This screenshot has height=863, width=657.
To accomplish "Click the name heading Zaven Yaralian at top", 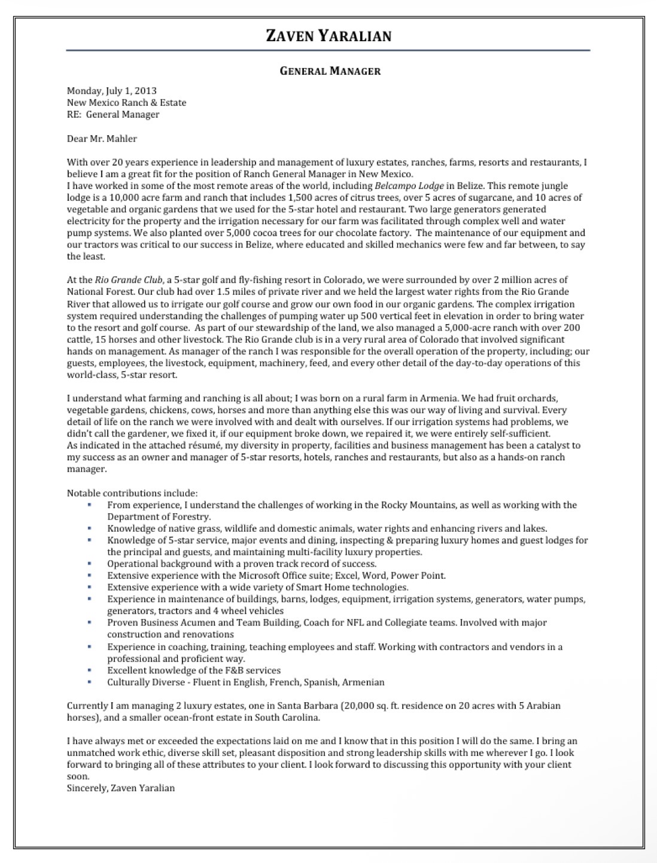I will [x=328, y=36].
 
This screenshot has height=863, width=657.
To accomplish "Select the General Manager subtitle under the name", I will [x=330, y=71].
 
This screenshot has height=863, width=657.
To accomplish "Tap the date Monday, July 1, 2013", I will [x=111, y=91].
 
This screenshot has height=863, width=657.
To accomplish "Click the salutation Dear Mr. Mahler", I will [x=102, y=139].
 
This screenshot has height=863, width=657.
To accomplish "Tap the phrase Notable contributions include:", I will [x=132, y=493].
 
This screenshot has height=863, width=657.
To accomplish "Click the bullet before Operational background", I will [x=89, y=563].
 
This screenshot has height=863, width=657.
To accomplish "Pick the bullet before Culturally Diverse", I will [x=89, y=682].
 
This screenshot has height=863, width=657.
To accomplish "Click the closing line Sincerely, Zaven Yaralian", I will [x=121, y=788].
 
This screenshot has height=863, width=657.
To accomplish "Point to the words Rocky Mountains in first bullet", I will [x=418, y=505].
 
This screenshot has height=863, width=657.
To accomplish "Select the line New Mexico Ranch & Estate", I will [x=126, y=103].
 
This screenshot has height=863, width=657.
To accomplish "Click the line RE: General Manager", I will [x=113, y=115].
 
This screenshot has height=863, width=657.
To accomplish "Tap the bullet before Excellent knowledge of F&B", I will [x=89, y=670].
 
